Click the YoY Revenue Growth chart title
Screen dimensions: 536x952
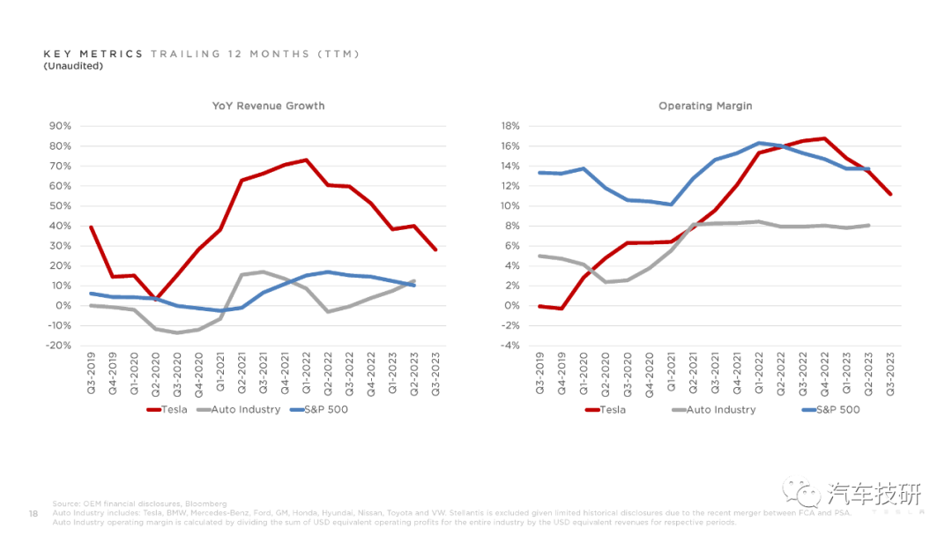tap(268, 106)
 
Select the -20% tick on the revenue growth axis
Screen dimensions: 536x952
tap(58, 346)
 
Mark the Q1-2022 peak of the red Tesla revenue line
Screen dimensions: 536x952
tap(306, 160)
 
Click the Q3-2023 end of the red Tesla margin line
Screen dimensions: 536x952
tap(890, 194)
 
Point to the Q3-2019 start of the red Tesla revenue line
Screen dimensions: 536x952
tap(92, 227)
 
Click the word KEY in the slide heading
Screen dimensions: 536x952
tap(55, 55)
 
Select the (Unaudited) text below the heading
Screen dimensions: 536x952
tap(73, 66)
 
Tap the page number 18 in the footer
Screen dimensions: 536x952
tap(33, 513)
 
